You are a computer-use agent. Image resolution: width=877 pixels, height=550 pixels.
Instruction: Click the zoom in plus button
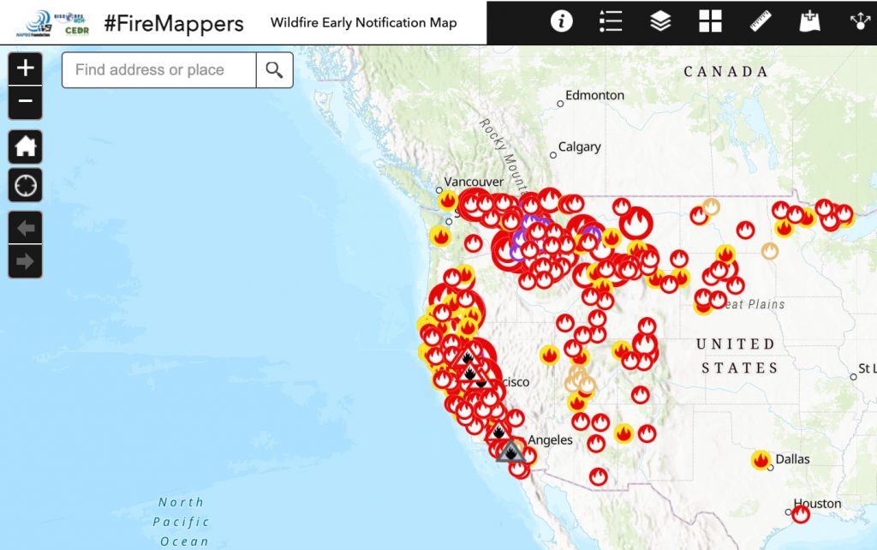pyautogui.click(x=26, y=69)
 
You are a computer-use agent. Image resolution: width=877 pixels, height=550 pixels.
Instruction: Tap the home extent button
pyautogui.click(x=26, y=146)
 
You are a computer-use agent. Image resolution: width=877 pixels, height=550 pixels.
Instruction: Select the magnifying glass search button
pyautogui.click(x=274, y=70)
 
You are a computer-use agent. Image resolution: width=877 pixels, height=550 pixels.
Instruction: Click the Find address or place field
pyautogui.click(x=158, y=70)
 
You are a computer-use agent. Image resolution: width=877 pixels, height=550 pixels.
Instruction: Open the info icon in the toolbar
pyautogui.click(x=561, y=22)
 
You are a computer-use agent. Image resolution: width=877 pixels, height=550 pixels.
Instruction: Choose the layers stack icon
pyautogui.click(x=660, y=22)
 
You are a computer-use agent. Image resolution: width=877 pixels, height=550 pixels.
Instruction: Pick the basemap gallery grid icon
pyautogui.click(x=710, y=22)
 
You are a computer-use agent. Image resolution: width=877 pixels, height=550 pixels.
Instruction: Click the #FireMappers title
pyautogui.click(x=174, y=23)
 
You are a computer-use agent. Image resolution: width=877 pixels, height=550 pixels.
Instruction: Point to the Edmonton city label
pyautogui.click(x=594, y=95)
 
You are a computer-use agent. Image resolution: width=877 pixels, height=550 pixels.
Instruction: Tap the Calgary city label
pyautogui.click(x=580, y=147)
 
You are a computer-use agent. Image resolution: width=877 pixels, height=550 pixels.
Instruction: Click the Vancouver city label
pyautogui.click(x=474, y=182)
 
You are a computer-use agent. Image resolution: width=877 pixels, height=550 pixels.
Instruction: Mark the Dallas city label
pyautogui.click(x=792, y=459)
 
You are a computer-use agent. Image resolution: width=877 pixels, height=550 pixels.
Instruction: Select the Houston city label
pyautogui.click(x=817, y=504)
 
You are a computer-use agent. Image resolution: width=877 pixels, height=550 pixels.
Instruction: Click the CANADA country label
pyautogui.click(x=726, y=72)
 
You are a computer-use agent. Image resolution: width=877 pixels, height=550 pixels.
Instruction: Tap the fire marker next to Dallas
pyautogui.click(x=761, y=460)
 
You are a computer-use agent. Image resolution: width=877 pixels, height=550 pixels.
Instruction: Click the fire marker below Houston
pyautogui.click(x=801, y=515)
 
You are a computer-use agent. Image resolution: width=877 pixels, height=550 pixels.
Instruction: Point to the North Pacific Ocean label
pyautogui.click(x=182, y=522)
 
